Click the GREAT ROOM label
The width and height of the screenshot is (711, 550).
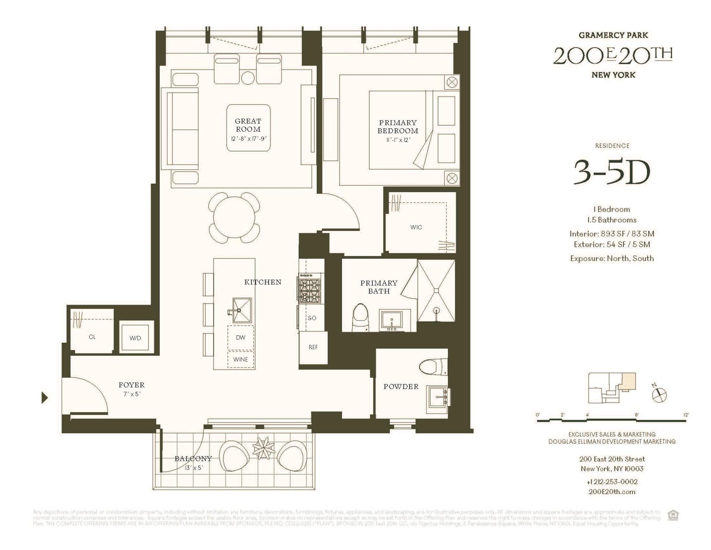(248, 125)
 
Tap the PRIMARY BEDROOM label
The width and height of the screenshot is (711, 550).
(398, 127)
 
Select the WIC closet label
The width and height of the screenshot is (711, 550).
(416, 227)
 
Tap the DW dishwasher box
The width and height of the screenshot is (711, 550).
(241, 338)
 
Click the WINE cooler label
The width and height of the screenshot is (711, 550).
(241, 360)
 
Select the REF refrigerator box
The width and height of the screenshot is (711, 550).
(313, 347)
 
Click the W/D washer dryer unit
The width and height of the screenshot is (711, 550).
(136, 338)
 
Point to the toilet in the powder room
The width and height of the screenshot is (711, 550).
(433, 367)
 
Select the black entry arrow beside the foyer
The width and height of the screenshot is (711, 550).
(45, 398)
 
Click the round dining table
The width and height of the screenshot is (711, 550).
(234, 218)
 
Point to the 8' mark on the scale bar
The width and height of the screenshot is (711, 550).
(637, 415)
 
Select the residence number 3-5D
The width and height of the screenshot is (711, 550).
(612, 173)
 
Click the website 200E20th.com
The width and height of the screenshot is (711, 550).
(612, 492)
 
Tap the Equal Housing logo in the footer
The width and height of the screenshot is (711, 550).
(673, 516)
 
